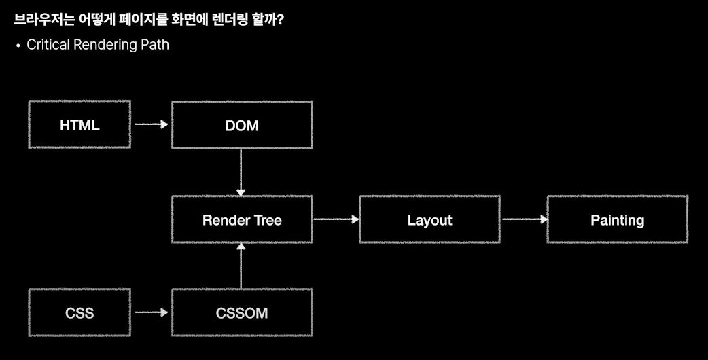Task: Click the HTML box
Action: pyautogui.click(x=79, y=125)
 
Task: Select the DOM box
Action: pyautogui.click(x=242, y=125)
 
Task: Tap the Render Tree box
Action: pyautogui.click(x=242, y=219)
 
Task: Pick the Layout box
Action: pyautogui.click(x=429, y=219)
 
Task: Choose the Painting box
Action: pyautogui.click(x=617, y=219)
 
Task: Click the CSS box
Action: pyautogui.click(x=79, y=313)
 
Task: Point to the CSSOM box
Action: pyautogui.click(x=242, y=313)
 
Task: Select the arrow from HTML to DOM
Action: pyautogui.click(x=151, y=125)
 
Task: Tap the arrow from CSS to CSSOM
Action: pyautogui.click(x=151, y=313)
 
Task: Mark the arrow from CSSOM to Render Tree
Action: pyautogui.click(x=241, y=266)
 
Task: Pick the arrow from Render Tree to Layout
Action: pyautogui.click(x=336, y=219)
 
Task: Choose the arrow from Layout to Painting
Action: pyautogui.click(x=524, y=219)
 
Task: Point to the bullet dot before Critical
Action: pyautogui.click(x=18, y=46)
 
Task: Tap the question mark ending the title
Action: pyautogui.click(x=280, y=20)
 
